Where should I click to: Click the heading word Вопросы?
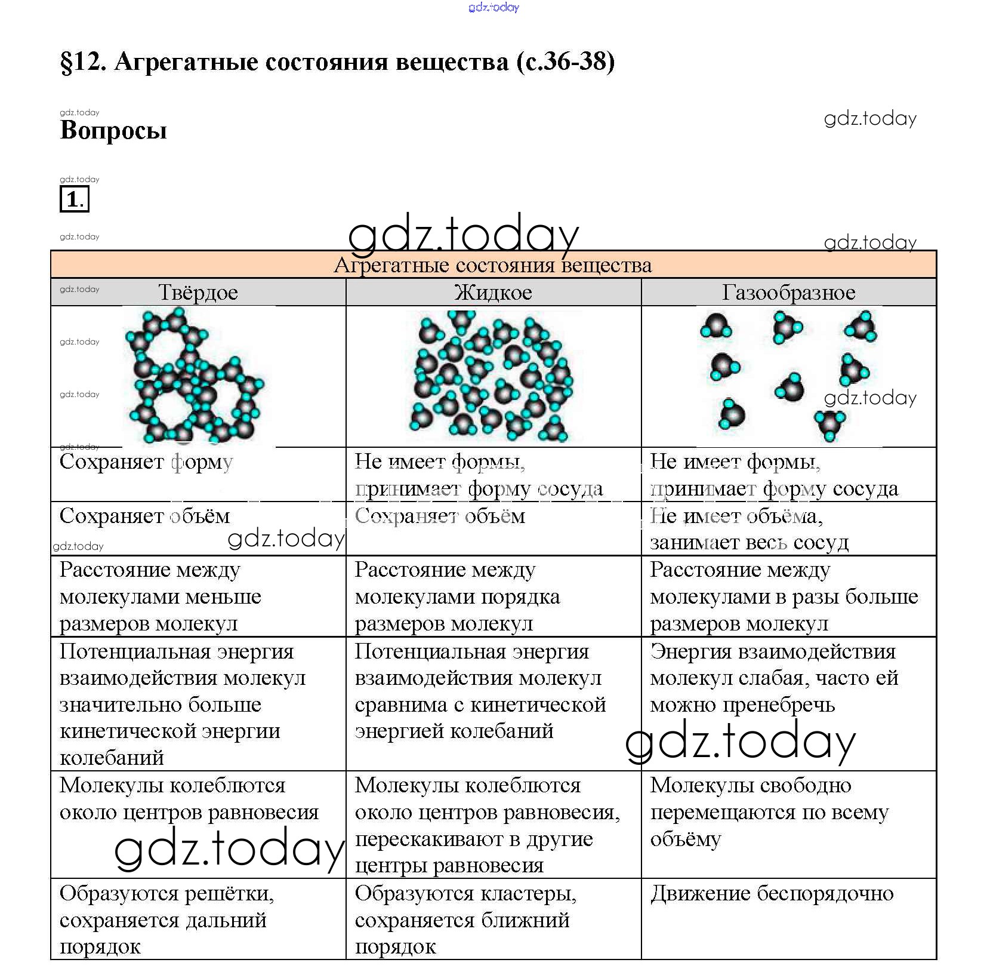pyautogui.click(x=113, y=130)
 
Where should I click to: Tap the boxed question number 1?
pyautogui.click(x=74, y=199)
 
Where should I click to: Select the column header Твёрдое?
pyautogui.click(x=198, y=293)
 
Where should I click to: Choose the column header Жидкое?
pyautogui.click(x=493, y=293)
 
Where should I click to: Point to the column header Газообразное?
pyautogui.click(x=788, y=293)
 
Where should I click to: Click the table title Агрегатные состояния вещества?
pyautogui.click(x=493, y=265)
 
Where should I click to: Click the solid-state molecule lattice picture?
pyautogui.click(x=195, y=376)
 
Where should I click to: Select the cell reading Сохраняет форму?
pyautogui.click(x=146, y=462)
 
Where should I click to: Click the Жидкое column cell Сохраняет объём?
pyautogui.click(x=440, y=516)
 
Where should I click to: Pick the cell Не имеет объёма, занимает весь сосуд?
pyautogui.click(x=748, y=529)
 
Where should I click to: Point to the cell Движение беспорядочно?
pyautogui.click(x=772, y=894)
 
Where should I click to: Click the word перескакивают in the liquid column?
pyautogui.click(x=429, y=839)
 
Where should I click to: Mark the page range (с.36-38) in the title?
pyautogui.click(x=566, y=61)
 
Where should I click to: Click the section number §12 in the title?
pyautogui.click(x=83, y=61)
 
